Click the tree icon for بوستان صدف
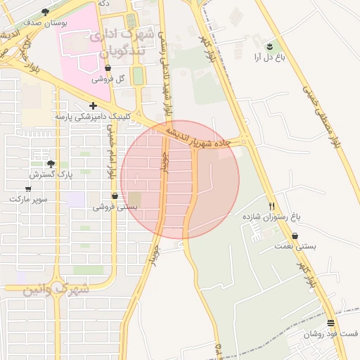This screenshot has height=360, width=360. (x=46, y=12)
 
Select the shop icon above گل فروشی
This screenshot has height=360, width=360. (x=108, y=68)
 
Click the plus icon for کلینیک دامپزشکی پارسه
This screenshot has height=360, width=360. (x=93, y=105)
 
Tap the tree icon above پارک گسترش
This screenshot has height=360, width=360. (x=50, y=163)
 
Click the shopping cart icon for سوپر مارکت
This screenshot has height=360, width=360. (x=28, y=188)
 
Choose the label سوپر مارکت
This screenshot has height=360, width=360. (x=29, y=199)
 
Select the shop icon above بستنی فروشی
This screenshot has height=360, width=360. (x=115, y=195)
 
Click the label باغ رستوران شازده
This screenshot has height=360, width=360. (x=267, y=217)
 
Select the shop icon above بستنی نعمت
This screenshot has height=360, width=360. (x=295, y=236)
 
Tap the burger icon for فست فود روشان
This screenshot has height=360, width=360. (x=330, y=323)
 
